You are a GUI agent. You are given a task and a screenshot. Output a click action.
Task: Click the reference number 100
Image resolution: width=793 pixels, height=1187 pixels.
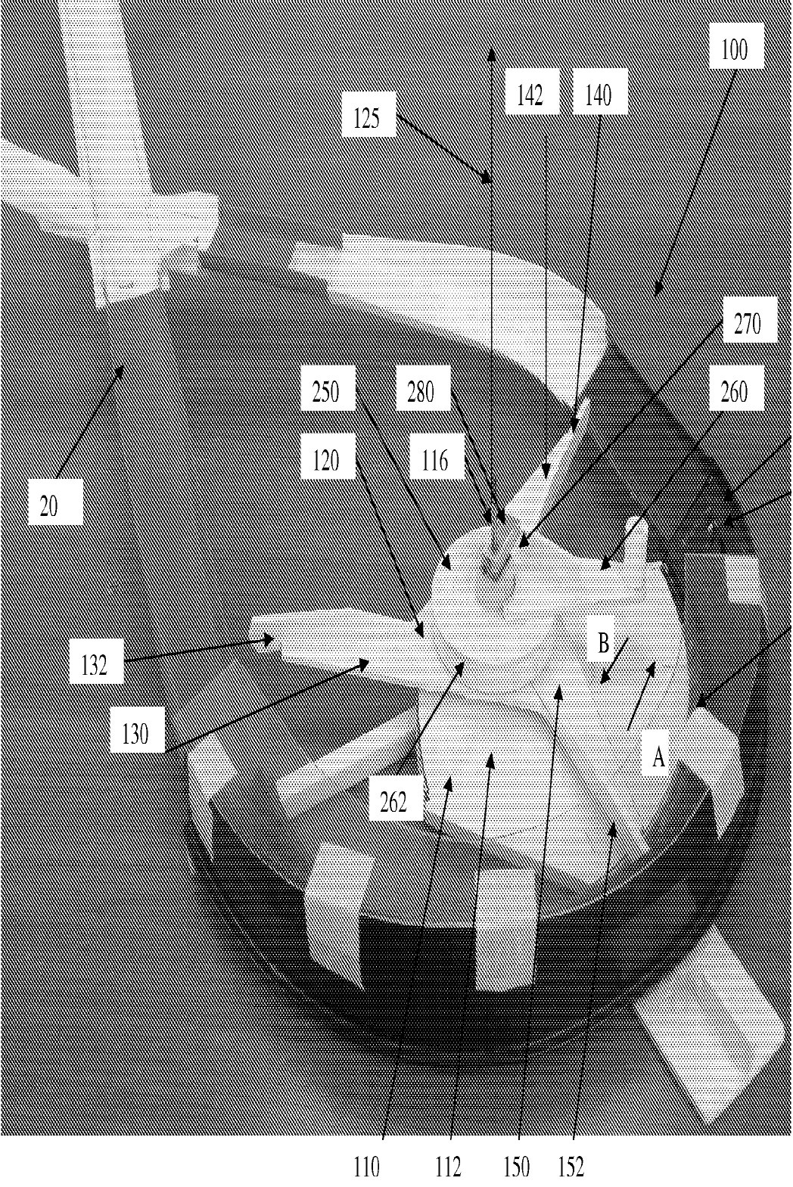tap(734, 51)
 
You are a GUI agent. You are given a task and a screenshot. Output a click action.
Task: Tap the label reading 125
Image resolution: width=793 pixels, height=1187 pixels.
tap(367, 118)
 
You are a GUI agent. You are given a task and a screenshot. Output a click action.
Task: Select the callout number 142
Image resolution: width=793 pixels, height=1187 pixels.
tap(530, 96)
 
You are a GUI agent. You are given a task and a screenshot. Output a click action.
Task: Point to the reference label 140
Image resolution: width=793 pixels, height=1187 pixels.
tap(599, 96)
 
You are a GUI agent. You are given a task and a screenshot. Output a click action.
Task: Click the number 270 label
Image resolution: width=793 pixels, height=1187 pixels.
tap(748, 324)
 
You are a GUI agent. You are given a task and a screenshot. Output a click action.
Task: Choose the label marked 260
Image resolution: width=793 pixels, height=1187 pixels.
tap(734, 392)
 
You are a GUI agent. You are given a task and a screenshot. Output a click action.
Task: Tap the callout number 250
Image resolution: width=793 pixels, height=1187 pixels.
tap(326, 392)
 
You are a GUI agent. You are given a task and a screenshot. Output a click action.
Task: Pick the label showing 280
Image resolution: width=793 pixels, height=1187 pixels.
tap(421, 392)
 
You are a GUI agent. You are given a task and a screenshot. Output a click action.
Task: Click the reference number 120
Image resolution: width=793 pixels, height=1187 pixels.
tap(326, 461)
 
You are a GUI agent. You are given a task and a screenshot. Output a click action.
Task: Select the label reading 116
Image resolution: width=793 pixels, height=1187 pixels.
tap(434, 461)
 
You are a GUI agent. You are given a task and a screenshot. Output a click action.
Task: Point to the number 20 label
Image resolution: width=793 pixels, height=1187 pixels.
tap(48, 507)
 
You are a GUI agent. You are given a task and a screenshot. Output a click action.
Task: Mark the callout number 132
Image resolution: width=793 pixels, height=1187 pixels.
tap(95, 666)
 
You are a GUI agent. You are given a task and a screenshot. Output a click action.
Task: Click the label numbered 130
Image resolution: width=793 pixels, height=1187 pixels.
tap(135, 734)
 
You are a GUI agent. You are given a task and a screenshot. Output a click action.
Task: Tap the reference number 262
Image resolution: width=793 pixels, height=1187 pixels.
tap(393, 802)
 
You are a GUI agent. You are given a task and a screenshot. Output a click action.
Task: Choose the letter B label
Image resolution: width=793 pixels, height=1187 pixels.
tap(604, 643)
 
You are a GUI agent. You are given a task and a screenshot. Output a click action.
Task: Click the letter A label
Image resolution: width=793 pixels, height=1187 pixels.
tap(658, 758)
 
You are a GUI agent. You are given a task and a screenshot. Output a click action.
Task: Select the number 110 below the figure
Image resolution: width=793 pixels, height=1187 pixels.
tap(367, 1167)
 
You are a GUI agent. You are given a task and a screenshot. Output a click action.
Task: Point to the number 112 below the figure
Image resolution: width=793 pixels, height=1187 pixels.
tap(449, 1167)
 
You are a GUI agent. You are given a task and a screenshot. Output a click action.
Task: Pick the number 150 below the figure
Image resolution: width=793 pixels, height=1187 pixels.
tap(517, 1167)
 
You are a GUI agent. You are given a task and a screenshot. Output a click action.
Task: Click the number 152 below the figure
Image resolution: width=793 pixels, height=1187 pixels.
tap(571, 1167)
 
